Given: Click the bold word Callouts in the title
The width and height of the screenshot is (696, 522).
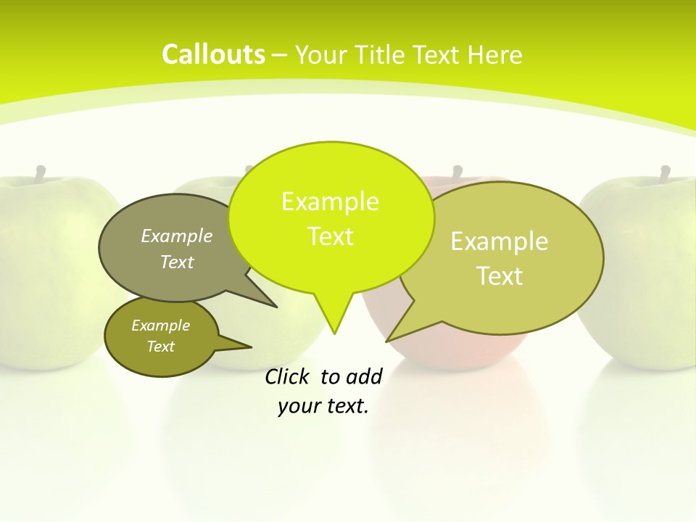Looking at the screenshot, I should coord(213,54).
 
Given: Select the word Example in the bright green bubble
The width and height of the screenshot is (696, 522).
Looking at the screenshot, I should coord(330,202).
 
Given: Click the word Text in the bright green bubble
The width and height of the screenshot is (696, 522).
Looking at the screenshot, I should coord(330,236).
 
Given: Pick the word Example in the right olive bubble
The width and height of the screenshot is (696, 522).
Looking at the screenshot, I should coord(500,241).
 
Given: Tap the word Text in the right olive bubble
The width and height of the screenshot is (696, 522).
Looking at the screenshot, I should coord(500,276).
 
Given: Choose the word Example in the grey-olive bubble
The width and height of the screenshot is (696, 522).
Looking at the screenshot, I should coord(176,236).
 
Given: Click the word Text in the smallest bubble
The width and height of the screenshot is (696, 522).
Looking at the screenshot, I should coord(160,347).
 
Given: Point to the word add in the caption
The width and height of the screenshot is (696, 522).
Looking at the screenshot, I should coord(364,376).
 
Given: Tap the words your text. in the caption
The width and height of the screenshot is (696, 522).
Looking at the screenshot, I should coord(323,406).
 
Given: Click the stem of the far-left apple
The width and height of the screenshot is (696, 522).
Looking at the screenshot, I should coord(41,173).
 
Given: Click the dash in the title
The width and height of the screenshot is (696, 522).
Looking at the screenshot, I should coord(280,55).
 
